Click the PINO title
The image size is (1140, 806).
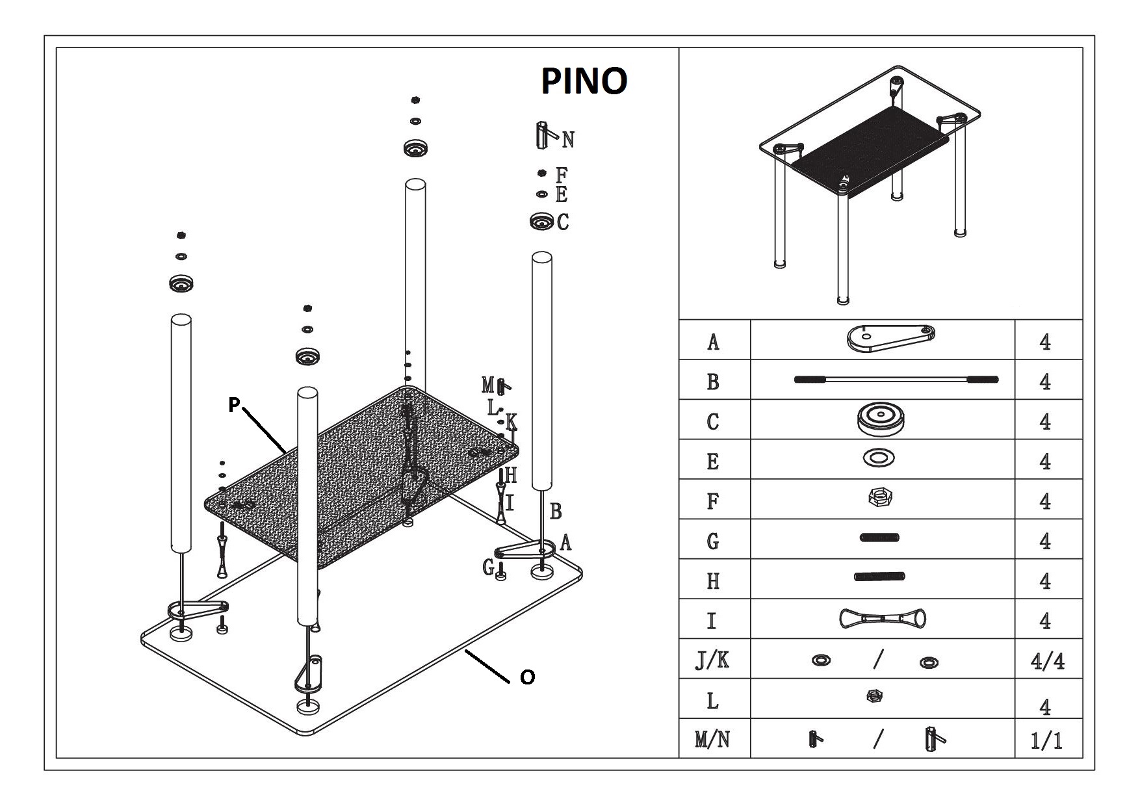point(584,81)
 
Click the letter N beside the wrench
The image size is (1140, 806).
point(568,140)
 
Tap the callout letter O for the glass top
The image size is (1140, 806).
point(528,677)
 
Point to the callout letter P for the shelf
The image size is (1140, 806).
point(234,405)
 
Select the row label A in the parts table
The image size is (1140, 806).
point(713,341)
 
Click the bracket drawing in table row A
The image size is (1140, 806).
point(890,337)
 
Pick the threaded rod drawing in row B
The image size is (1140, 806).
point(896,380)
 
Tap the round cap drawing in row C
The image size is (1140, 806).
point(882,419)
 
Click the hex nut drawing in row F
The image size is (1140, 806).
point(880,499)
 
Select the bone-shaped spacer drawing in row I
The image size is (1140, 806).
point(883,619)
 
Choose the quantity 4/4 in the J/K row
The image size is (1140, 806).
point(1047,661)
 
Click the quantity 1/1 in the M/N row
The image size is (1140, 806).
point(1046,740)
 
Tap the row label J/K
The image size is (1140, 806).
point(712,660)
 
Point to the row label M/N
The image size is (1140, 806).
point(712,740)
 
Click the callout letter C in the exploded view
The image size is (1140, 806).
point(563,222)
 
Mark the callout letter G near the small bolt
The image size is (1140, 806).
point(488,567)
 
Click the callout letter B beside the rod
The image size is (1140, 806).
point(556,512)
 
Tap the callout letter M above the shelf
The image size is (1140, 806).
point(488,385)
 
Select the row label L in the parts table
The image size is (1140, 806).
point(712,701)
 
